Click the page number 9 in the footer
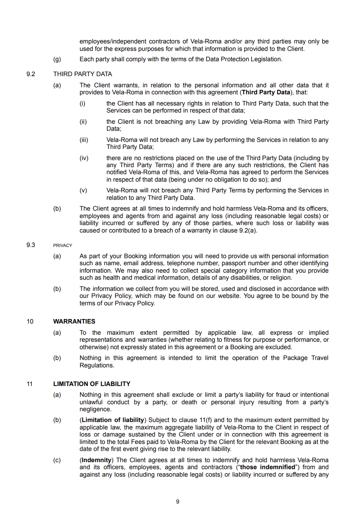click(x=178, y=501)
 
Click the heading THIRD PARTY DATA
click(x=82, y=74)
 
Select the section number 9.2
click(x=31, y=74)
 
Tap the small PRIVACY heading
click(x=62, y=245)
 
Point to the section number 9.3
click(x=31, y=245)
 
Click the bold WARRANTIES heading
click(x=74, y=321)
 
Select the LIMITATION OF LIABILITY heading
click(x=91, y=384)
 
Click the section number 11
click(x=30, y=384)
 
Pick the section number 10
click(x=30, y=321)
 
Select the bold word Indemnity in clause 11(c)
click(x=96, y=460)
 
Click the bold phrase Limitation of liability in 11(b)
click(x=112, y=420)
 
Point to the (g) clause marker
click(x=57, y=59)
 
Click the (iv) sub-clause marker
click(x=84, y=158)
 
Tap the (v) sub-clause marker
click(x=84, y=190)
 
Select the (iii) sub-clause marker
click(x=84, y=140)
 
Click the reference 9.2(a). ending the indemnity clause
click(x=248, y=230)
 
